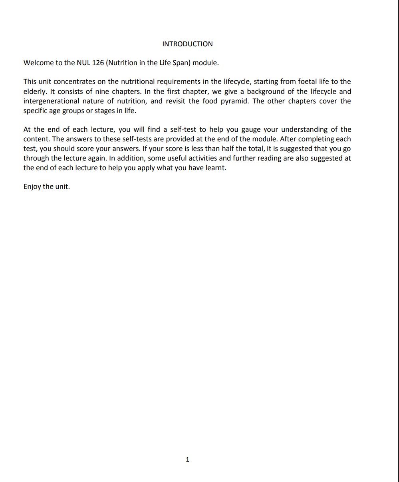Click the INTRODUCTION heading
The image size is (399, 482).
point(187,44)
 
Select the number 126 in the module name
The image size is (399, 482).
point(98,63)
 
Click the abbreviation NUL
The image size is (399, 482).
point(83,63)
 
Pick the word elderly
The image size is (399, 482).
point(35,91)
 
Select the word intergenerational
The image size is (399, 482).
point(51,101)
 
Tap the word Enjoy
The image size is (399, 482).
point(32,186)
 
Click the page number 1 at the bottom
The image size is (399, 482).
point(188,460)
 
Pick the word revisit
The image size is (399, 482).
point(176,101)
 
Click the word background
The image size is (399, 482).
point(265,91)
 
